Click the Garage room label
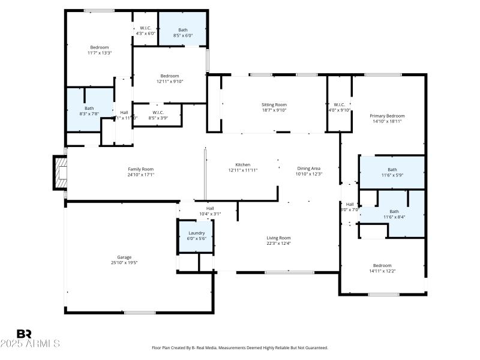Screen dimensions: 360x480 point(120,257)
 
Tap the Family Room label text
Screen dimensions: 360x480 point(140,169)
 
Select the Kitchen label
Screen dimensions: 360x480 point(242,165)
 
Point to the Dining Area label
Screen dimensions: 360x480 point(309,169)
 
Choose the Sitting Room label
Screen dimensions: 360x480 point(274,104)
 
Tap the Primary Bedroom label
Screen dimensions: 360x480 point(386,116)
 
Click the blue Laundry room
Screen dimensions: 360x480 point(197,236)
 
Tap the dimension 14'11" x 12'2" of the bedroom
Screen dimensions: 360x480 point(382,271)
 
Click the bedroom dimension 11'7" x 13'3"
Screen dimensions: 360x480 point(99,53)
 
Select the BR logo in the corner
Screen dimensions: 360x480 point(24,334)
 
